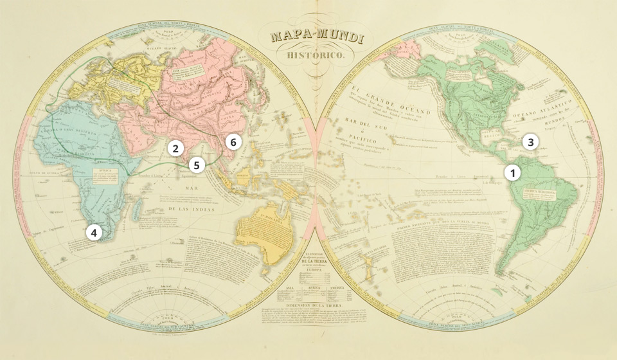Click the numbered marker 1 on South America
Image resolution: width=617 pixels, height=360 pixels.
[513, 172]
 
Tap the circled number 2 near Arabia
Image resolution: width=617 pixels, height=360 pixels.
[174, 148]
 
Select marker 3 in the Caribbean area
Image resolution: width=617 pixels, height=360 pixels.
[529, 142]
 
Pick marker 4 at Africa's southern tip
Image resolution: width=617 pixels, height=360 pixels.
[94, 233]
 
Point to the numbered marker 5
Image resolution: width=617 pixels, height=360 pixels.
[197, 165]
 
